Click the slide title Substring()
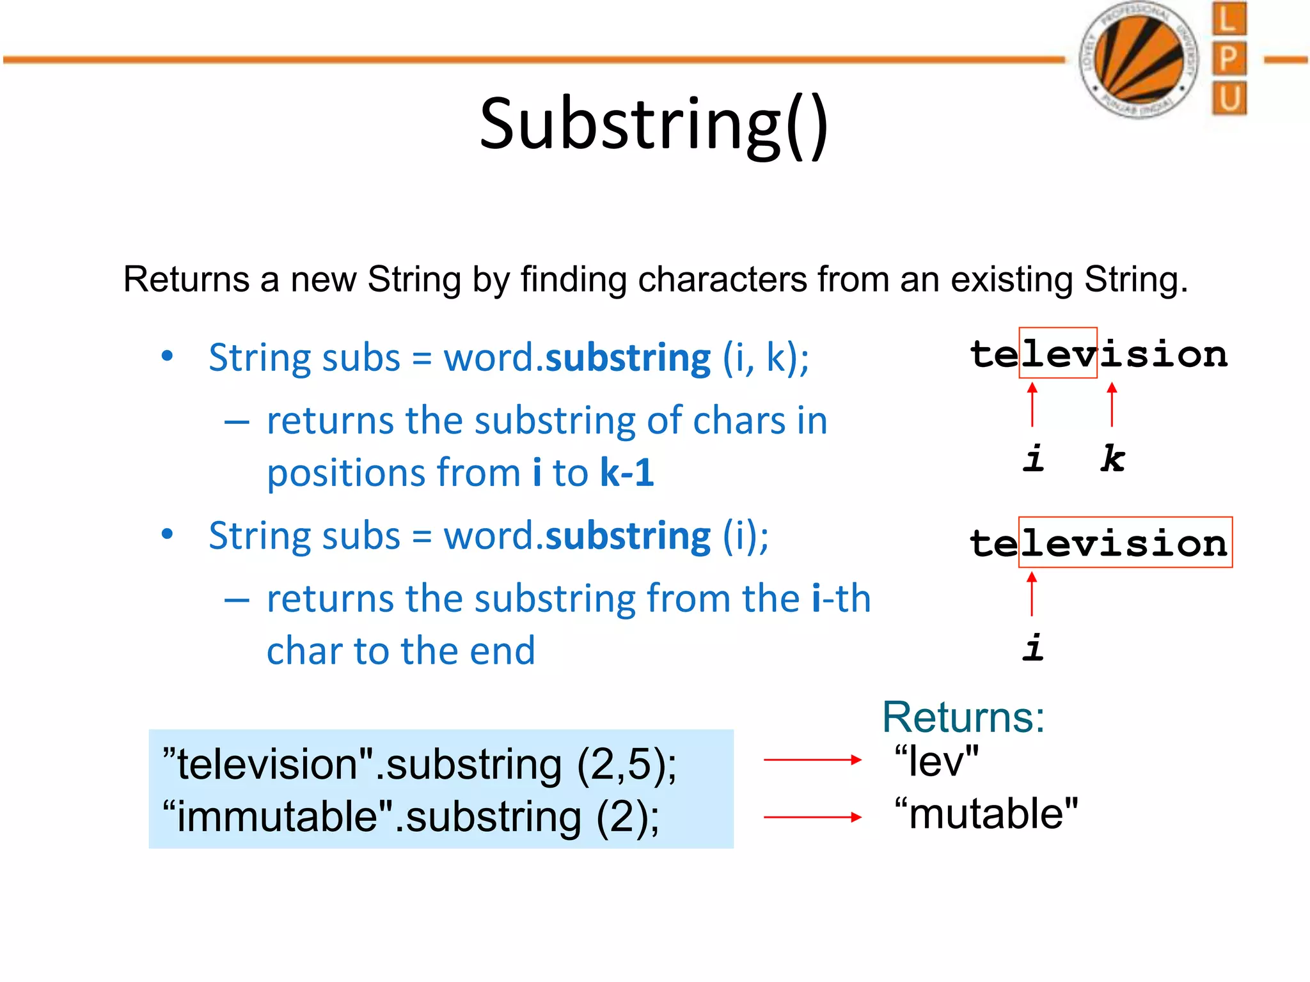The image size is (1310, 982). pos(654,125)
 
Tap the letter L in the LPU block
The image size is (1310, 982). pos(1229,19)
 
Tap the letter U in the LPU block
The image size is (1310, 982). pos(1229,98)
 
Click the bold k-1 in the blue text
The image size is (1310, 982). pos(627,472)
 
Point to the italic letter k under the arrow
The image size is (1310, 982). pos(1112,458)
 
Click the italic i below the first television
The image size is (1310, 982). pos(1032,458)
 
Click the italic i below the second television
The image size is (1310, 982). pos(1032,647)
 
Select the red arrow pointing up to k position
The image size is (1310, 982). pos(1112,405)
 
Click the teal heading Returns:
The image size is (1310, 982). pos(963,717)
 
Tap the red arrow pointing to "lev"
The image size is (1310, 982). pos(812,760)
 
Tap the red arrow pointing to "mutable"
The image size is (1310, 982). pos(812,817)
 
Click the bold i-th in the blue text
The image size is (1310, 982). pos(840,599)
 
